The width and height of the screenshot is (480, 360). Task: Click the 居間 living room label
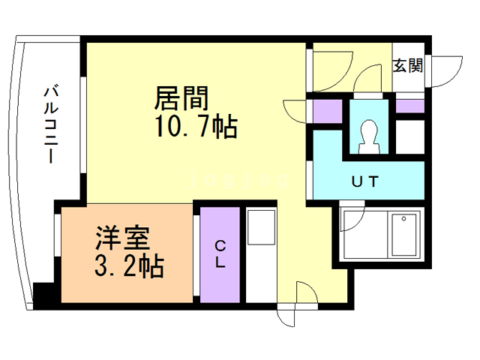tap(181, 97)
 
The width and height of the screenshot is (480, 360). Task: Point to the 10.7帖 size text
tap(196, 127)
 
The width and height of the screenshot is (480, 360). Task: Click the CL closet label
tap(220, 253)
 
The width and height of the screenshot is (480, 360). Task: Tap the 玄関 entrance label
tap(408, 65)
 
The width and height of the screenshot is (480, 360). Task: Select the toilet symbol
tap(368, 135)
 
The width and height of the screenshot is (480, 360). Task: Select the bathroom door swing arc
tap(352, 220)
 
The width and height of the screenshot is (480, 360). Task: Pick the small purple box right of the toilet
tap(409, 106)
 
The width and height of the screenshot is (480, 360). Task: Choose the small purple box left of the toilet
tap(328, 113)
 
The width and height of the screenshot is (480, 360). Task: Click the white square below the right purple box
tap(409, 135)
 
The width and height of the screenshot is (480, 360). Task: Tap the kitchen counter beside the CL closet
tap(261, 255)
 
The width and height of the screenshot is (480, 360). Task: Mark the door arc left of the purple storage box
tap(298, 113)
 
